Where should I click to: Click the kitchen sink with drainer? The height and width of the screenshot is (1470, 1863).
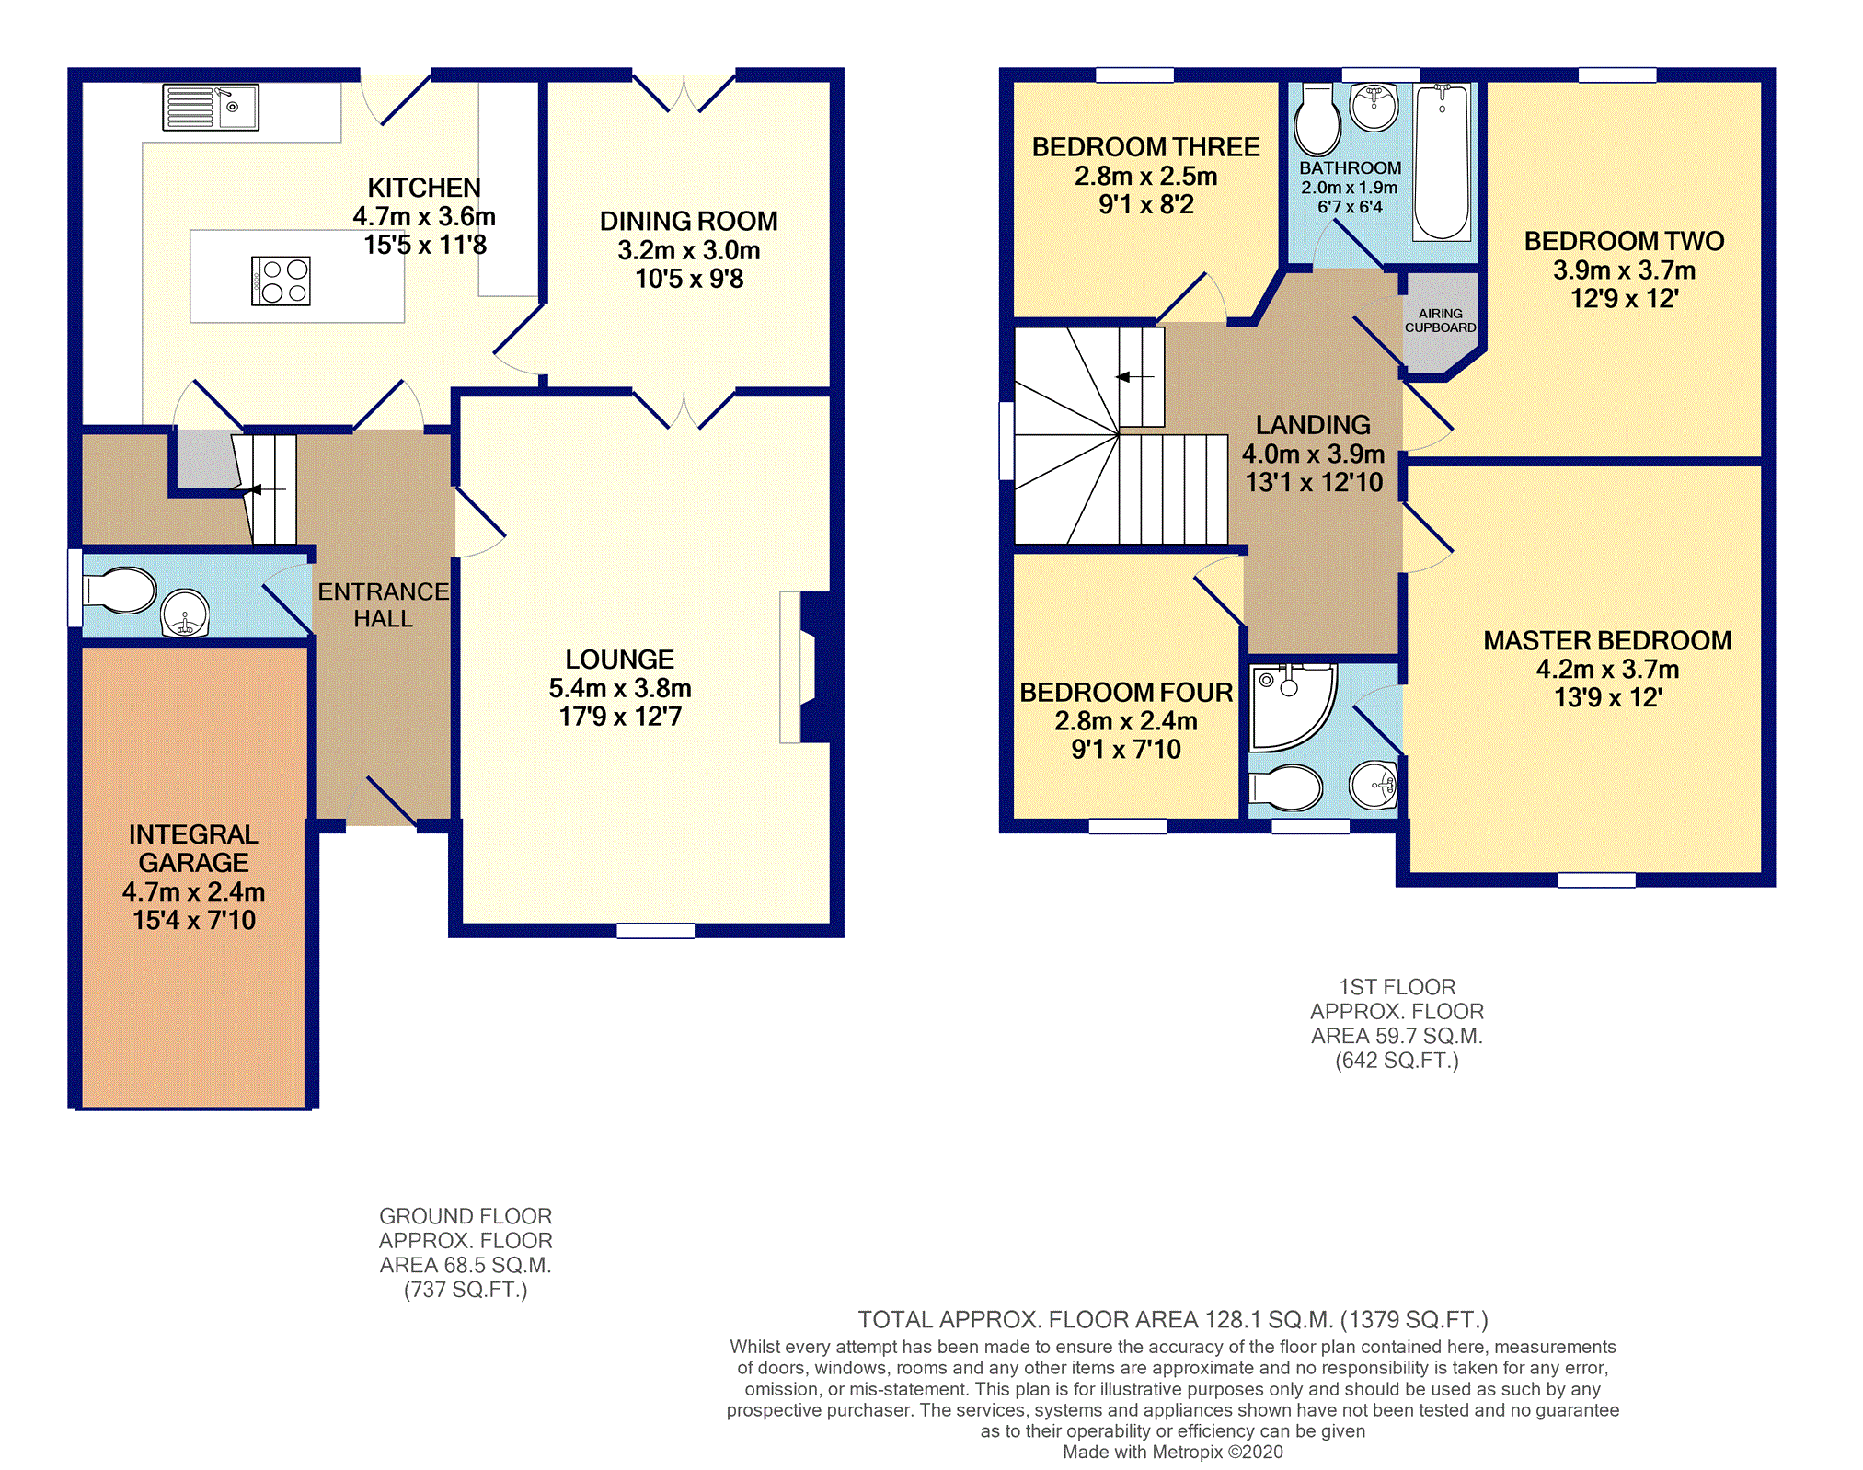click(211, 107)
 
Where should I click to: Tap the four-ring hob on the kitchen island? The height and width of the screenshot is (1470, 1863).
click(281, 281)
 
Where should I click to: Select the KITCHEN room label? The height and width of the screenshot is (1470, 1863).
click(424, 188)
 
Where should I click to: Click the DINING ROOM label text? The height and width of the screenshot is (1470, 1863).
click(689, 221)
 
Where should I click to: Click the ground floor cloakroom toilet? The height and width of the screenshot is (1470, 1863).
click(120, 591)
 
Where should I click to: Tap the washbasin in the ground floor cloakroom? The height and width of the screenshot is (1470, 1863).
click(185, 613)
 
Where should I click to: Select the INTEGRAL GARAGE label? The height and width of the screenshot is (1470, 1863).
click(193, 848)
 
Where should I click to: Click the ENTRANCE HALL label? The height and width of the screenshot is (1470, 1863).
click(384, 605)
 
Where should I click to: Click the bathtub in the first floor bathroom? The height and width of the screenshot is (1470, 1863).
click(1442, 161)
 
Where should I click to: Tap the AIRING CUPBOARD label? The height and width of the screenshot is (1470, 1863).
click(1441, 320)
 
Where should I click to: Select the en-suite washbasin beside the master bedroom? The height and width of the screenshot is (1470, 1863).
click(1374, 785)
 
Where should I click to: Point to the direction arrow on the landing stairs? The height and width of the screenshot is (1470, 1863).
click(1134, 376)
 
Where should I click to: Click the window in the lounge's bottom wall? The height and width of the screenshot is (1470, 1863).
click(655, 931)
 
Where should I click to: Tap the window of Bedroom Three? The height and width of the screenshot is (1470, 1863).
click(1134, 75)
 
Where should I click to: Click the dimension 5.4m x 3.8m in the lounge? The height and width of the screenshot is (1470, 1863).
click(620, 688)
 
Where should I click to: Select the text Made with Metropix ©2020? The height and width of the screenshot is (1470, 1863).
click(1173, 1452)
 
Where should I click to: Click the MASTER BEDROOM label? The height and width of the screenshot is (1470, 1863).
click(1607, 640)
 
